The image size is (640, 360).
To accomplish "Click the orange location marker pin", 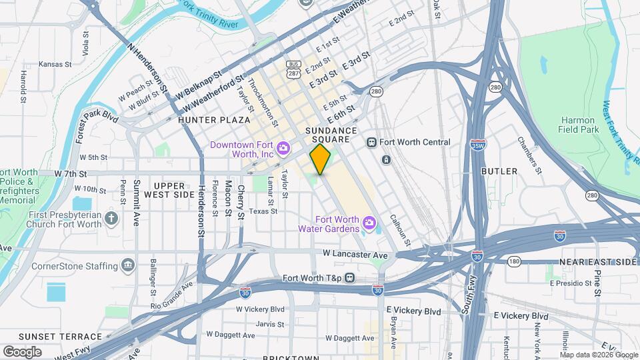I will (x=321, y=159).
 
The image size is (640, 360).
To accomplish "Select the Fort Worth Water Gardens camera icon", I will (x=369, y=221).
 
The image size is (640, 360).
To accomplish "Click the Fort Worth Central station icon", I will (x=372, y=142).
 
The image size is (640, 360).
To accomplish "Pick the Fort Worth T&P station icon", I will (x=349, y=278).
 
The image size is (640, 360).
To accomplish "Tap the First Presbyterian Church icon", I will (x=111, y=218).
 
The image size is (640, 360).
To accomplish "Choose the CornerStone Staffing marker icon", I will (x=127, y=267).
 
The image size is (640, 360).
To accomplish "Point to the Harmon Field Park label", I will (x=577, y=125).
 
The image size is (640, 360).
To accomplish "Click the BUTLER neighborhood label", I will (x=499, y=171).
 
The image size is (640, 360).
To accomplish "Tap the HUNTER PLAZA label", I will (x=204, y=120).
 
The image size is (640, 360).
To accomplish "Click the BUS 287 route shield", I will (x=293, y=69).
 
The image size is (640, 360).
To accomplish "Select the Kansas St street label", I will (x=55, y=65).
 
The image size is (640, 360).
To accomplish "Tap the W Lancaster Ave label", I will (x=355, y=255).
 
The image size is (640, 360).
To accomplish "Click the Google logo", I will (x=22, y=351).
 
